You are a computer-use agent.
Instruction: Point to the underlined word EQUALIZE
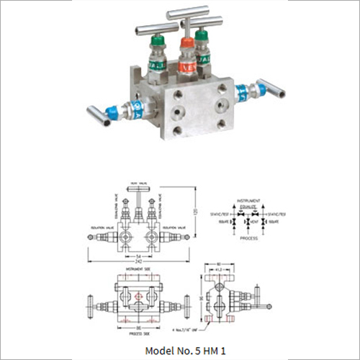point(248,204)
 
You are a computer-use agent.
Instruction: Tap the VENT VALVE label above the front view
point(135,182)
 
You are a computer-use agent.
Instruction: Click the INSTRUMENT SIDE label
point(135,267)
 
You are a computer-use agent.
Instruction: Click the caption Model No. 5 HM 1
point(180,350)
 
